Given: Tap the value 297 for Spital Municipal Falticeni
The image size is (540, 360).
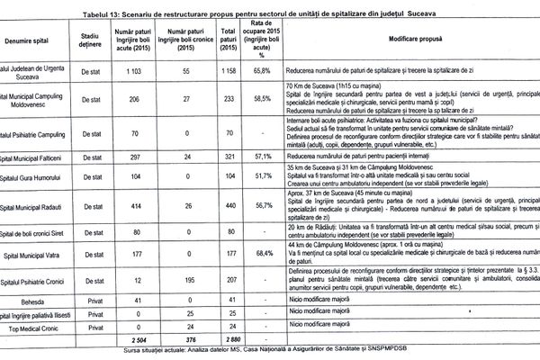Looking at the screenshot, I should tap(132, 156).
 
